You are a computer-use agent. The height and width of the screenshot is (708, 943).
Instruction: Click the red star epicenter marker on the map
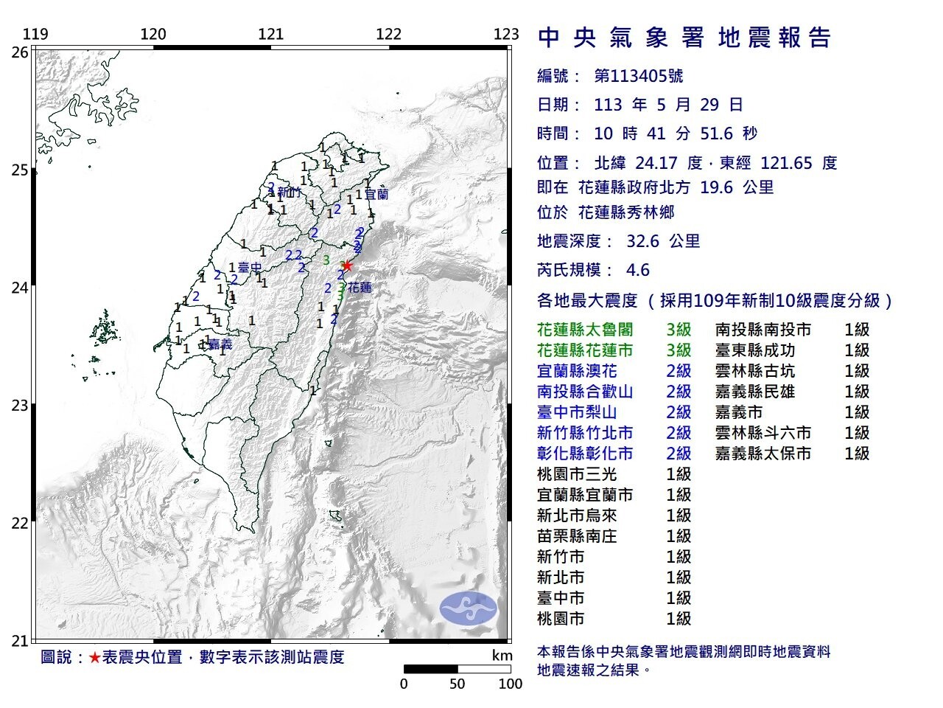pyautogui.click(x=347, y=265)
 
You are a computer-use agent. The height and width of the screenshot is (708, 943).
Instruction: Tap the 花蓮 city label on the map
pyautogui.click(x=360, y=288)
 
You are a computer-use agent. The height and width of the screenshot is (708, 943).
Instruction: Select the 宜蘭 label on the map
pyautogui.click(x=376, y=195)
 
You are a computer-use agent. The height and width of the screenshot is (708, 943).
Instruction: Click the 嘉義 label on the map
pyautogui.click(x=220, y=344)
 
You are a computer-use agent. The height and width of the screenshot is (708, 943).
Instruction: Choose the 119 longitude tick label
pyautogui.click(x=35, y=35)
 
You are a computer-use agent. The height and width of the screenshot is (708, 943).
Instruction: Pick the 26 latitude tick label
pyautogui.click(x=20, y=52)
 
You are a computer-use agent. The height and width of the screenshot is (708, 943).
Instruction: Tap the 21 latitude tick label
pyautogui.click(x=20, y=640)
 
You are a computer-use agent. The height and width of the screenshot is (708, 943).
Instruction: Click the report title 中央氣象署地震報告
pyautogui.click(x=684, y=38)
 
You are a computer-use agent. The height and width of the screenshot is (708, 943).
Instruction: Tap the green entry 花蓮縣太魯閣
pyautogui.click(x=586, y=330)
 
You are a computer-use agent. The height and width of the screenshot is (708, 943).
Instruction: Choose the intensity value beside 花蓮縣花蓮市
pyautogui.click(x=679, y=350)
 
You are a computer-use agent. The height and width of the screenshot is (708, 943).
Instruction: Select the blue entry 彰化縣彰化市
pyautogui.click(x=586, y=454)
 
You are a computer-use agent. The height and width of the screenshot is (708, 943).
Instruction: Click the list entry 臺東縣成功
pyautogui.click(x=755, y=350)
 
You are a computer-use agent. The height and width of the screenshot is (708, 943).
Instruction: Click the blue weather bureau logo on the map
pyautogui.click(x=469, y=608)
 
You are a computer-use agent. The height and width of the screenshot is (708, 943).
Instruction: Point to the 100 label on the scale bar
pyautogui.click(x=510, y=684)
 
